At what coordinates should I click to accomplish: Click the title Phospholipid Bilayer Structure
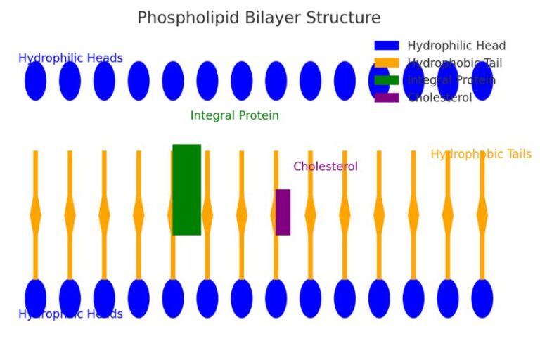(258, 18)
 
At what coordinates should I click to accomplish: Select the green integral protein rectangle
(186, 190)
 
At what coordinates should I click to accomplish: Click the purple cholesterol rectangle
(283, 212)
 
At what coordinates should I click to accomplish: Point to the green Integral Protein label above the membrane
(234, 115)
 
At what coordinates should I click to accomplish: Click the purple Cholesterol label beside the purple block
(325, 167)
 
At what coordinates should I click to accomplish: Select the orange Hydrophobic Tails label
(481, 154)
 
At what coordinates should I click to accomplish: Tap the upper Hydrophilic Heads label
(70, 58)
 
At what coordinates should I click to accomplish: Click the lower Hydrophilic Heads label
(70, 314)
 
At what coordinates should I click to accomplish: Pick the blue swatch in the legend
(386, 46)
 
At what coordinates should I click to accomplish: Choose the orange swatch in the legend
(386, 63)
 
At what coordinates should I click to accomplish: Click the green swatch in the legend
(386, 80)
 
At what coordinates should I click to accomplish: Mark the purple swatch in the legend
(386, 98)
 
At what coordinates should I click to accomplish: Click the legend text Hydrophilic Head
(456, 46)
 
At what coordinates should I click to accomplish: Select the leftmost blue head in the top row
(35, 81)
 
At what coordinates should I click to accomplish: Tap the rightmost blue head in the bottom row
(482, 298)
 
